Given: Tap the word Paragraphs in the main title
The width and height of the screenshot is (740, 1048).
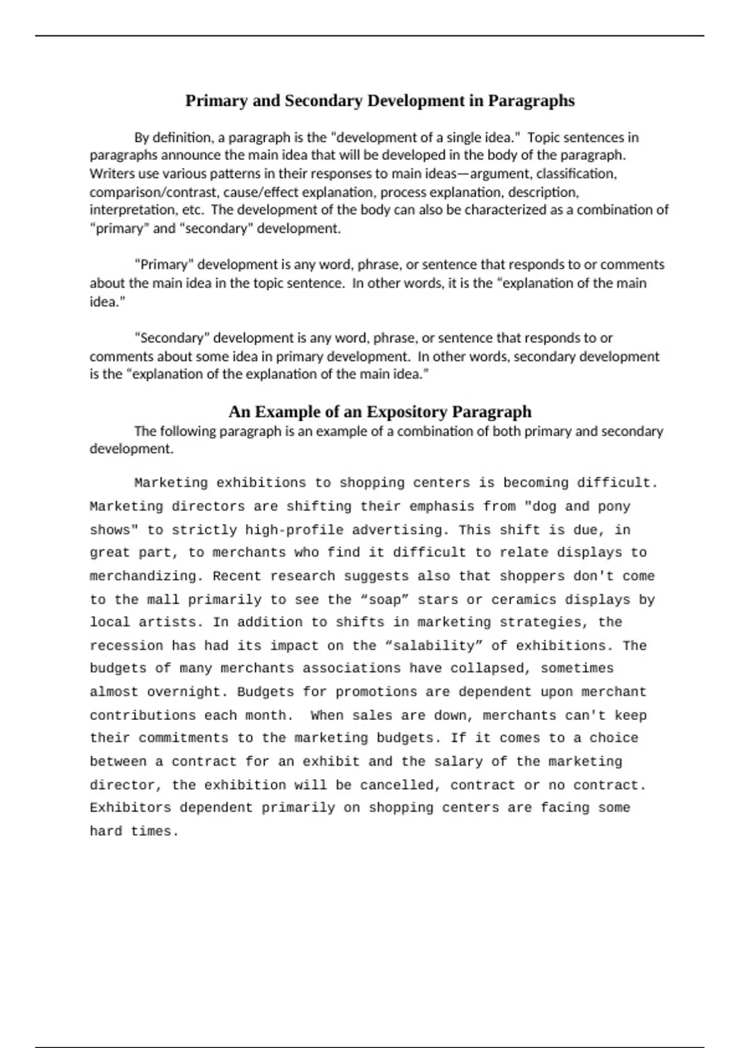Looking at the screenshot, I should coord(531,100).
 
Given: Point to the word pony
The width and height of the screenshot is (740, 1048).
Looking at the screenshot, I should coord(614,507).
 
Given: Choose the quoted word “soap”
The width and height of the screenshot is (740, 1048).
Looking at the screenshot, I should coord(384,600).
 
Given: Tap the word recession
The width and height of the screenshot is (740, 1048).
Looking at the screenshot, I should coord(126,646).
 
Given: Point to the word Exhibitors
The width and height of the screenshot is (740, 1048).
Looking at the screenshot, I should coord(130,808).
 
